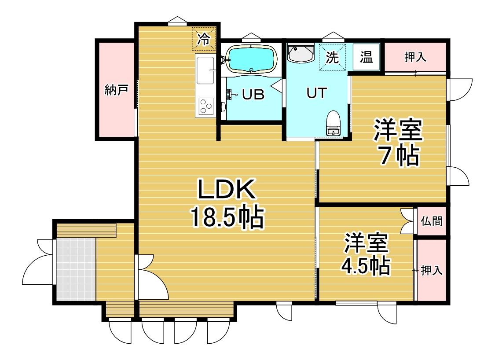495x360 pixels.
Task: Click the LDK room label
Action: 226,189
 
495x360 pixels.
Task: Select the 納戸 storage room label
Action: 116,90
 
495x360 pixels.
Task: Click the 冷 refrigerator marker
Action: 204,39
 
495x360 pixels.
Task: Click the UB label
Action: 253,94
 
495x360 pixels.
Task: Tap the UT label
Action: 317,93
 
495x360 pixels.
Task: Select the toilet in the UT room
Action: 333,123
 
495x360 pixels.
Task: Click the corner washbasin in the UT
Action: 300,53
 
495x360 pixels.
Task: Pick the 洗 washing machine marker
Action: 332,57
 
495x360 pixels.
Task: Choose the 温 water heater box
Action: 366,57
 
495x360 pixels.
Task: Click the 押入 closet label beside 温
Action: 415,57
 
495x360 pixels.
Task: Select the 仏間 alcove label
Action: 432,221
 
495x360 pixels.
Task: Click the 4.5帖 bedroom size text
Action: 366,267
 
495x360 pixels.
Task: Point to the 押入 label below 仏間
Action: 432,270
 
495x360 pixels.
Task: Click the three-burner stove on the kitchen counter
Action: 206,105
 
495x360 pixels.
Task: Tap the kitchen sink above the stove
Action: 205,70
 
